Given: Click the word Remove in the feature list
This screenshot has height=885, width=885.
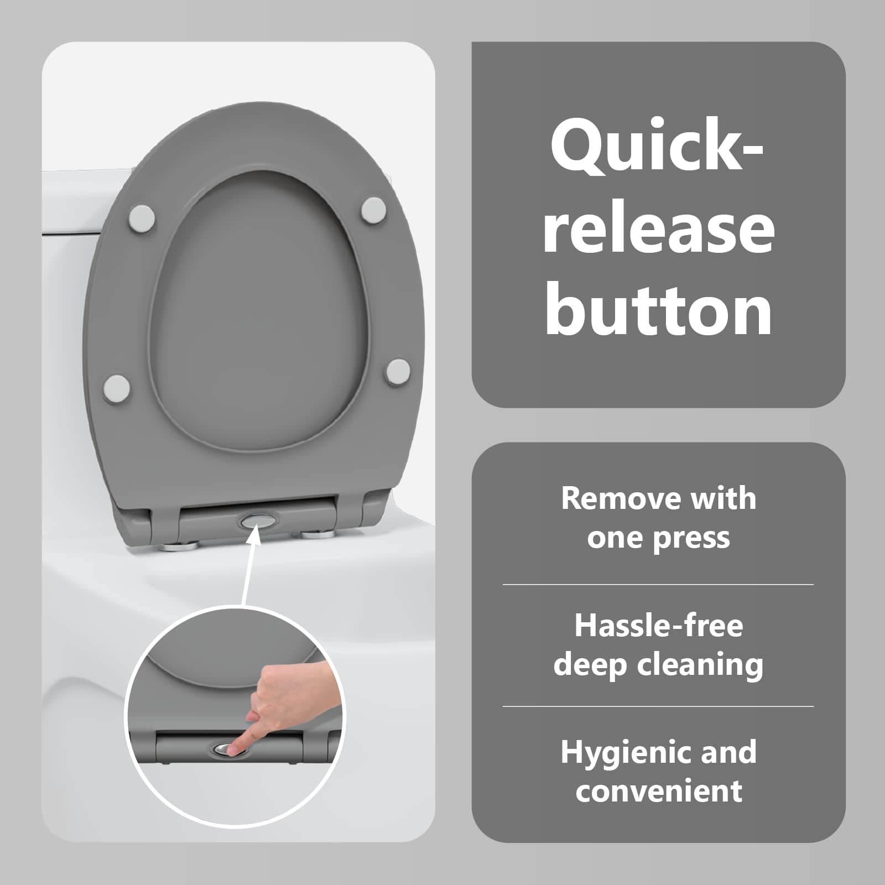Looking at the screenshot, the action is pyautogui.click(x=608, y=498).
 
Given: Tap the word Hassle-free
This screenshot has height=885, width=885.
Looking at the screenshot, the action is pyautogui.click(x=658, y=626).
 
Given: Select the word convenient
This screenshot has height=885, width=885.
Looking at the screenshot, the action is pyautogui.click(x=659, y=791).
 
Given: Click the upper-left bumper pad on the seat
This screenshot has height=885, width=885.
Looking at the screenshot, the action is pyautogui.click(x=142, y=217).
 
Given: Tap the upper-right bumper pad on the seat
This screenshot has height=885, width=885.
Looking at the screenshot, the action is pyautogui.click(x=374, y=211).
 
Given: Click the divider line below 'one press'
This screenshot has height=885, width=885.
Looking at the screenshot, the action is pyautogui.click(x=658, y=584).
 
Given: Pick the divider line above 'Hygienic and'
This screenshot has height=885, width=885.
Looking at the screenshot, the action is pyautogui.click(x=658, y=706).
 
